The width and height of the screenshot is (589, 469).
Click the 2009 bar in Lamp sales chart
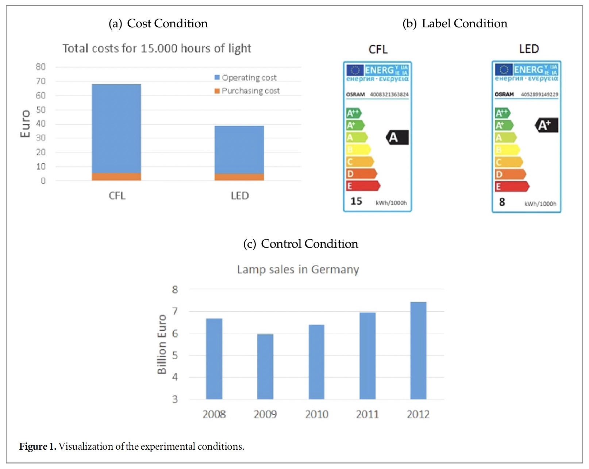pos(265,366)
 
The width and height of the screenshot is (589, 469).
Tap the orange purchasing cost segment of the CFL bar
pos(116,177)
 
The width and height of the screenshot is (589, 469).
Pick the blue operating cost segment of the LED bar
pos(239,150)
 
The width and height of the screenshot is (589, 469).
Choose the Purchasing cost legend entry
pos(247,91)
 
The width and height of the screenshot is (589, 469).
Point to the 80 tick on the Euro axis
pos(41,67)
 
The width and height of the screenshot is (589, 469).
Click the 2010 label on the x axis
pos(316,414)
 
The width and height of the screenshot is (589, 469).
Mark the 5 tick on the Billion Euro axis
pos(175,355)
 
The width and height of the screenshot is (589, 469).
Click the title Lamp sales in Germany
pos(298,270)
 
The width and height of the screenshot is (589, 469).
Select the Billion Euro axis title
pos(162,344)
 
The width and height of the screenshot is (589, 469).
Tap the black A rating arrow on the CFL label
pos(397,137)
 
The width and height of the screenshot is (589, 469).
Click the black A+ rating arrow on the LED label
pos(546,125)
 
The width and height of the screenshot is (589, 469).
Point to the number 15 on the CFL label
pos(356,201)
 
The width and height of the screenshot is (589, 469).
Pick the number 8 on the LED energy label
pos(502,202)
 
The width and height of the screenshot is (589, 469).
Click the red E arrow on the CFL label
pos(363,186)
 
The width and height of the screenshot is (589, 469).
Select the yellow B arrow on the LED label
pos(507,150)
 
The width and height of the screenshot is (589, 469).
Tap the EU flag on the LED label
pos(504,69)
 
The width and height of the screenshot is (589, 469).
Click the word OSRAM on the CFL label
pos(355,94)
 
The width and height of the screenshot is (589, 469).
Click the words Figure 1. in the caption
pos(38,446)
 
